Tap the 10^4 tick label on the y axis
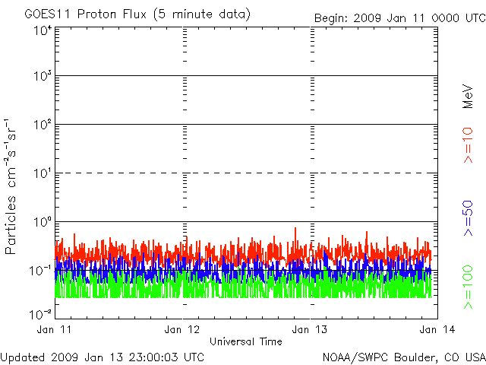[42, 30]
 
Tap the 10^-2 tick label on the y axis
[40, 313]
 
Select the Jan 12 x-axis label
[182, 329]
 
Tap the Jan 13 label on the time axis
[310, 329]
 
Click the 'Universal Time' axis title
[245, 341]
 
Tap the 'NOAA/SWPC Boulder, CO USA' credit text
[403, 356]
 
